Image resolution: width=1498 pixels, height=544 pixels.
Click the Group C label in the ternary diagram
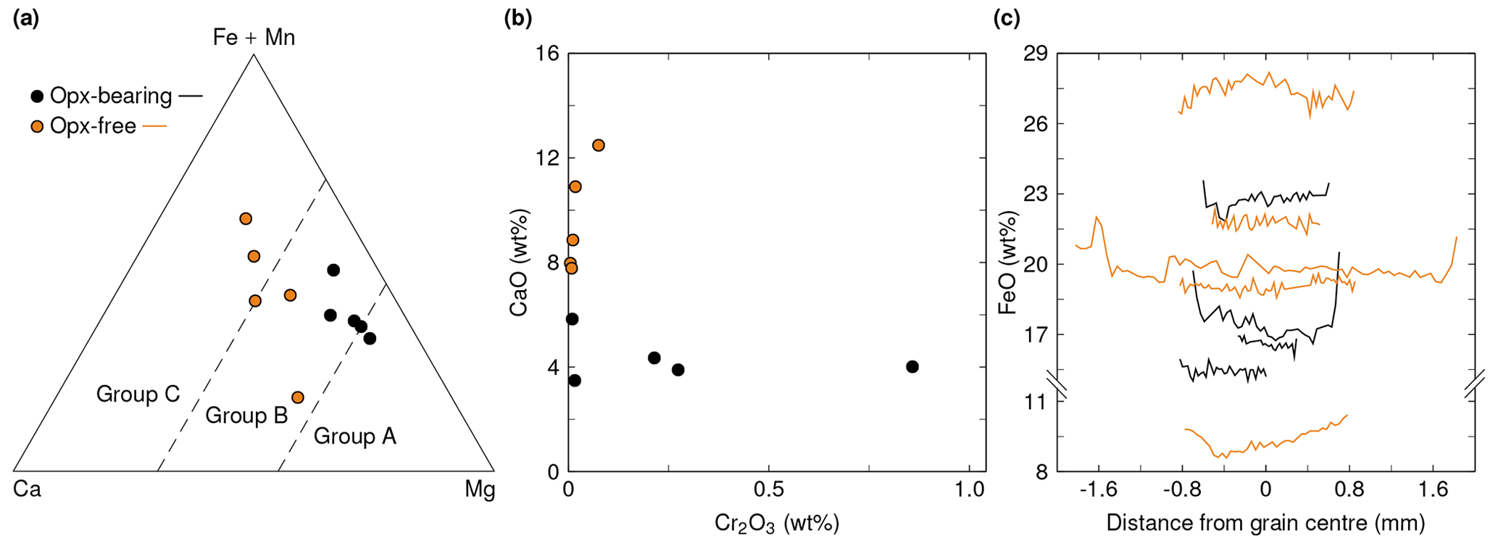point(138,394)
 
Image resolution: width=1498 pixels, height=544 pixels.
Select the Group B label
point(246,416)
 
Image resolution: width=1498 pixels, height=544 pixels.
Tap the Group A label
point(354,436)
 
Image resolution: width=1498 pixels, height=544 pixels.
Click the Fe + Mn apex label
point(254,37)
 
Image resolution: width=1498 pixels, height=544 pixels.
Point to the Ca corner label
point(27,490)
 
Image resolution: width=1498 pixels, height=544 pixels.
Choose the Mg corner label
point(479,490)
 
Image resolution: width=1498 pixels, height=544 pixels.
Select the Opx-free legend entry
point(93,126)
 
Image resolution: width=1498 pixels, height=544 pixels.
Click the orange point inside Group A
point(297,397)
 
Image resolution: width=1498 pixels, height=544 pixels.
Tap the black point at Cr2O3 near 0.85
point(912,367)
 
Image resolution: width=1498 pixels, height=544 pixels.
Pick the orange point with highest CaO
point(598,145)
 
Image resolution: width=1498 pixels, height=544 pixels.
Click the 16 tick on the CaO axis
point(547,54)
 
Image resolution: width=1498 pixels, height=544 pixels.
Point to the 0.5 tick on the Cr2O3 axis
point(768,490)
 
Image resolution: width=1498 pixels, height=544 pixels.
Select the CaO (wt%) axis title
point(519,263)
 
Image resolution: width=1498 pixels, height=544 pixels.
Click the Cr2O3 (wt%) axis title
point(776,523)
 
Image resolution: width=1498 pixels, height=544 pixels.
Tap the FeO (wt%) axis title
point(1007,263)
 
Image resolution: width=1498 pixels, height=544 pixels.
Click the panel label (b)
point(517,19)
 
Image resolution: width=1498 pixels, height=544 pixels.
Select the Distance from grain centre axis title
point(1265,523)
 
